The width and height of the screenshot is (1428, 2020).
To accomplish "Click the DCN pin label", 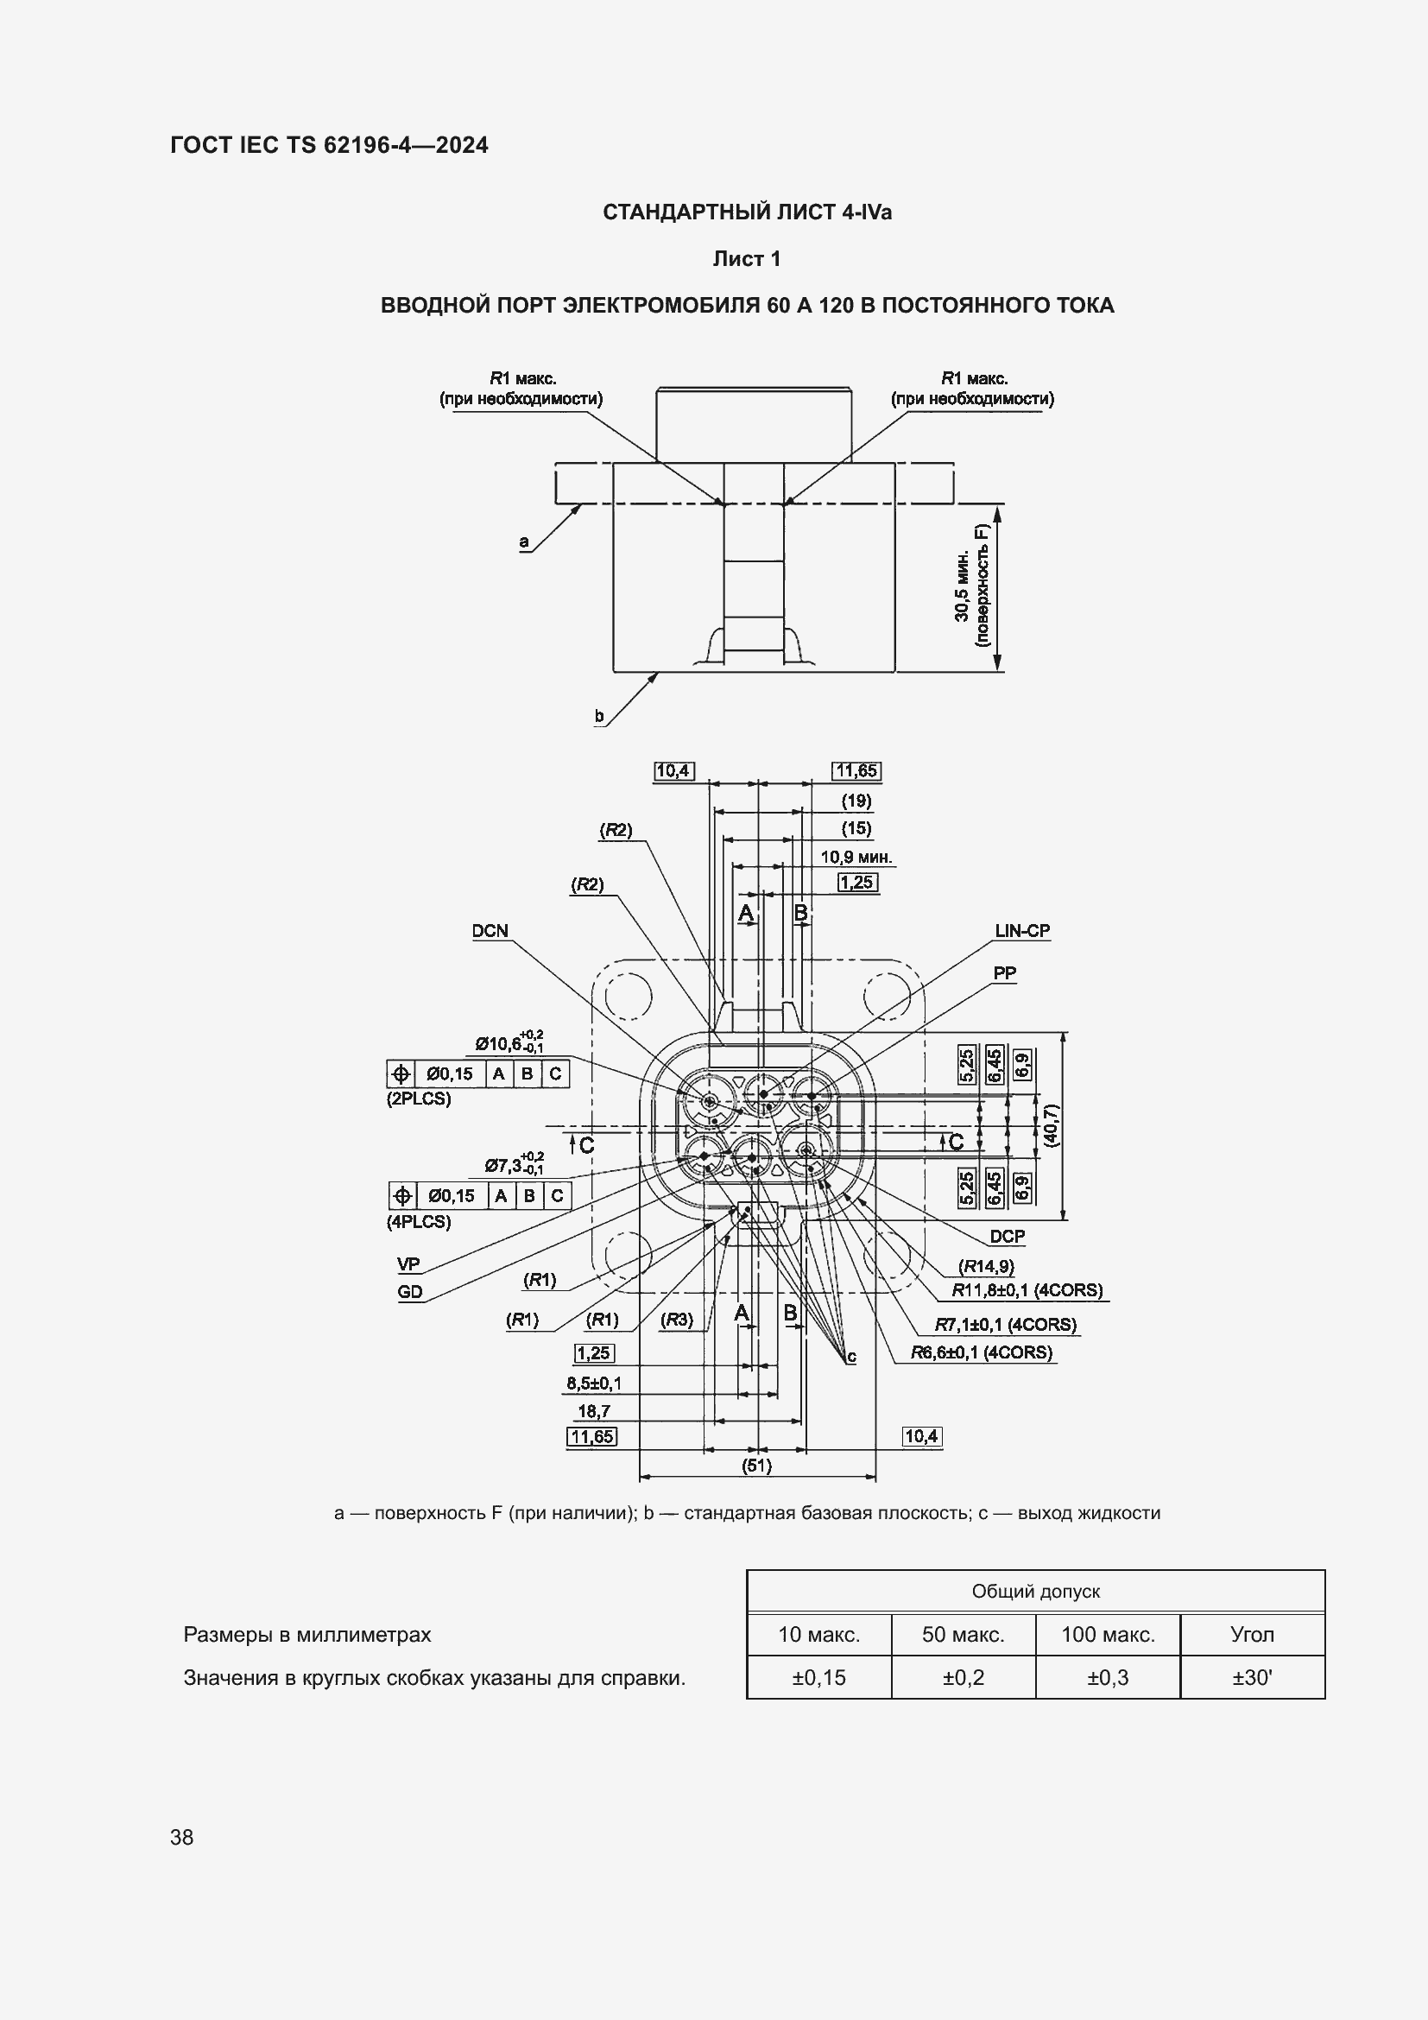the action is point(490,931).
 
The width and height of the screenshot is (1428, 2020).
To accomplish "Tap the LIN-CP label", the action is point(1022,931).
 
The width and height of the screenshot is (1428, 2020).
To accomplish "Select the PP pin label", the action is point(1005,973).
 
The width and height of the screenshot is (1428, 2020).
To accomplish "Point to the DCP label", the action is point(1007,1236).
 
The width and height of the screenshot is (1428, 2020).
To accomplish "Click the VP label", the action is point(409,1264).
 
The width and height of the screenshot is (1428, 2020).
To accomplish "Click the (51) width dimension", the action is point(757,1466).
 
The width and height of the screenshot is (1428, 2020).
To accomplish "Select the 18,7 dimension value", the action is point(593,1411).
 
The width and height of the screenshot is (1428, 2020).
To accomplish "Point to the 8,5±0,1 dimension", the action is point(593,1383).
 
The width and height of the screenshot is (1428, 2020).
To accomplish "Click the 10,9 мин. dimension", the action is point(856,857).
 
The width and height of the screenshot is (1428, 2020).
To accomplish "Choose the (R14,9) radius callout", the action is point(986,1266).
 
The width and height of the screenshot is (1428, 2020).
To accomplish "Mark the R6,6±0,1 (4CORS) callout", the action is point(982,1352).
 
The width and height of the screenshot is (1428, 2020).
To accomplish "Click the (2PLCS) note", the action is point(419,1099).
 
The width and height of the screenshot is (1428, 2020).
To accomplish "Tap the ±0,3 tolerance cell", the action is point(1108,1678).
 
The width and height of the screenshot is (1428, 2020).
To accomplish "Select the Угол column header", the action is point(1252,1635).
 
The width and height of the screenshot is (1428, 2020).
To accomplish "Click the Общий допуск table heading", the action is point(1036,1592).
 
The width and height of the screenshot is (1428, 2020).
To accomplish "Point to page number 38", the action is point(182,1837).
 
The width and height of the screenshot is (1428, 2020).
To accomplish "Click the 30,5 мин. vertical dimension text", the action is point(962,586).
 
